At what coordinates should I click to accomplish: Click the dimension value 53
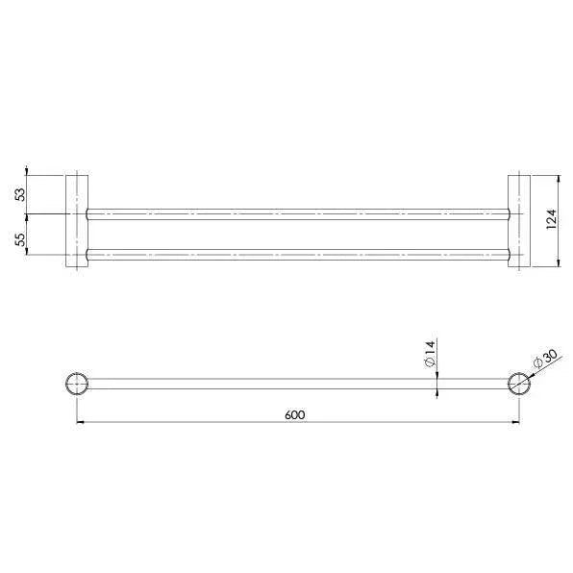pyautogui.click(x=19, y=194)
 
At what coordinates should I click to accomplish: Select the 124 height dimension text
pyautogui.click(x=551, y=220)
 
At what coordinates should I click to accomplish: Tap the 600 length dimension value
pyautogui.click(x=294, y=414)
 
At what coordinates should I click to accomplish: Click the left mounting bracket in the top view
pyautogui.click(x=76, y=220)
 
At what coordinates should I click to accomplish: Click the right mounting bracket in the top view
pyautogui.click(x=517, y=220)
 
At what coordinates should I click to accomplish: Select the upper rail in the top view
pyautogui.click(x=296, y=212)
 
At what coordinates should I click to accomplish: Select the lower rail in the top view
pyautogui.click(x=296, y=256)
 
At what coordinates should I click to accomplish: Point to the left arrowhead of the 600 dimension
pyautogui.click(x=79, y=422)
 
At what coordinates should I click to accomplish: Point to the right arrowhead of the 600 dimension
pyautogui.click(x=515, y=422)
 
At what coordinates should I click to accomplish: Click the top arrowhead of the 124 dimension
pyautogui.click(x=561, y=179)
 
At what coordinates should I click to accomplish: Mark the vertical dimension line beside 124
pyautogui.click(x=561, y=240)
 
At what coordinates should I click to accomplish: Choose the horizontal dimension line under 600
pyautogui.click(x=192, y=422)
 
